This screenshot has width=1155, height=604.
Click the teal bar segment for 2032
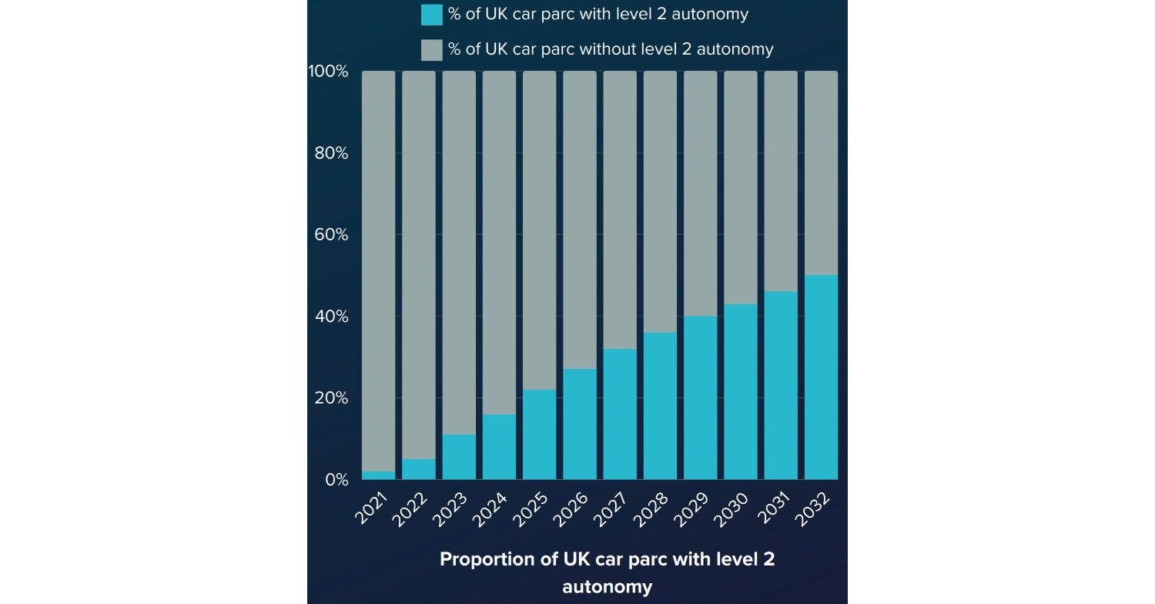point(821,377)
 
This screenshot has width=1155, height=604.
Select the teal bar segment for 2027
point(620,414)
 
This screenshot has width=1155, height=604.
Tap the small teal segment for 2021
point(378,475)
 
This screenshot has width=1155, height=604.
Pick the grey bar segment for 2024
point(499,243)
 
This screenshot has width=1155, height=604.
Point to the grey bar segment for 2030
point(741,188)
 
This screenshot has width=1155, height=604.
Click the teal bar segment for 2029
point(701,398)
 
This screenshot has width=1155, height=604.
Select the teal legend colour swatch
point(432,15)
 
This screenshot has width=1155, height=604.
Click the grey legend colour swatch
point(432,49)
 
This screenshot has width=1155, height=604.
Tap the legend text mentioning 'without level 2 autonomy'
point(611,49)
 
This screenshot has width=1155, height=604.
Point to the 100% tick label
point(328,72)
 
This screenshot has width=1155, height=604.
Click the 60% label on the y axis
point(331,235)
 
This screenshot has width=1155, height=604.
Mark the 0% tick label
point(336,480)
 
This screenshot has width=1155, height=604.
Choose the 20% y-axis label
point(331,398)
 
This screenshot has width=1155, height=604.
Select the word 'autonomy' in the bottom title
point(607,587)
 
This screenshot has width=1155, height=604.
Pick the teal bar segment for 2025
point(540,435)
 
